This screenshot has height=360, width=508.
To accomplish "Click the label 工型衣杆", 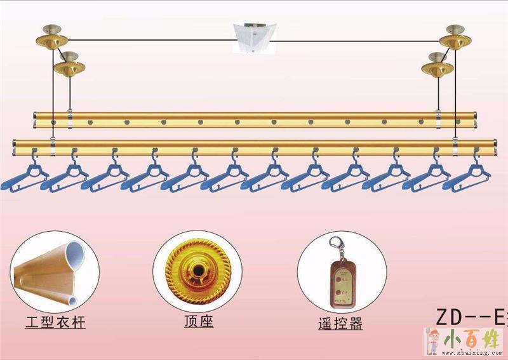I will (x=55, y=323).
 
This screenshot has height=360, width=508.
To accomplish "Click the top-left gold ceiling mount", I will (x=51, y=36).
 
